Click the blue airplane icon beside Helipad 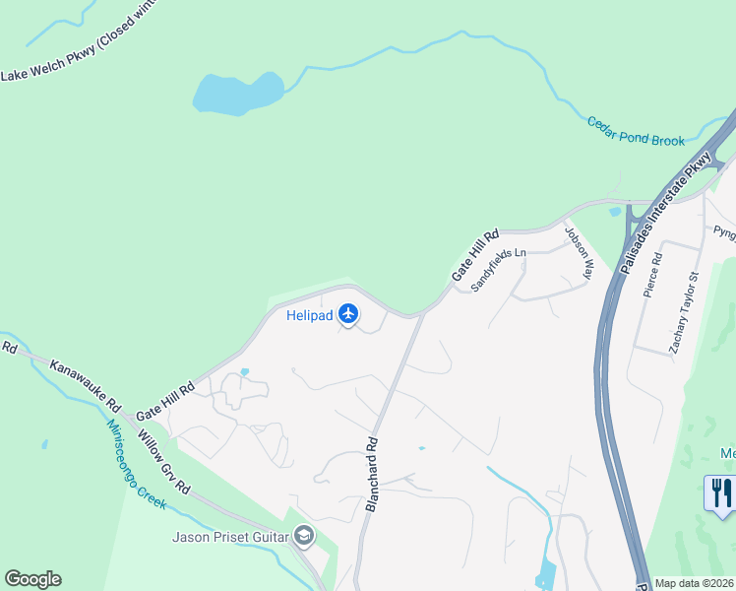347,315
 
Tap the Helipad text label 308,316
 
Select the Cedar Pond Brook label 636,133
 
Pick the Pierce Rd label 652,275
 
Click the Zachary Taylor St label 684,313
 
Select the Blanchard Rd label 372,475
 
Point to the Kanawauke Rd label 85,384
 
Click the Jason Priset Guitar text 229,537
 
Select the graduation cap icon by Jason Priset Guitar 304,537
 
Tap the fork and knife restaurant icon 720,491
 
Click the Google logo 32,579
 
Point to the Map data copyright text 694,583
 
